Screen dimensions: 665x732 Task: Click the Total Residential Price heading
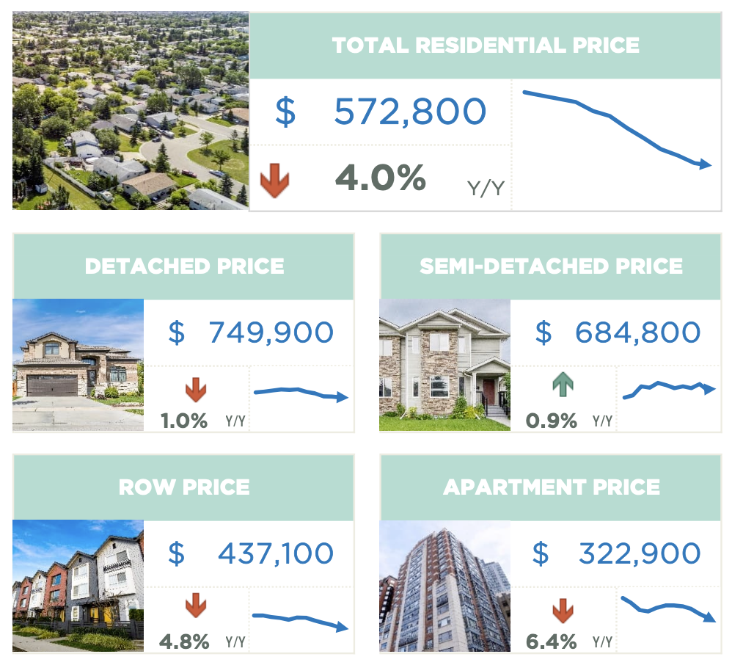point(486,45)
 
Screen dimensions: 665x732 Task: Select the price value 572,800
point(410,112)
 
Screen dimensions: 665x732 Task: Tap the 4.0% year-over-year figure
point(380,178)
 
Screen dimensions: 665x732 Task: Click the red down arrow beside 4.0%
point(274,181)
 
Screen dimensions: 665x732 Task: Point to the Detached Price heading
point(184,266)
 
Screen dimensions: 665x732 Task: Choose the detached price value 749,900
point(271,332)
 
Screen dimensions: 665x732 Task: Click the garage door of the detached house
point(52,385)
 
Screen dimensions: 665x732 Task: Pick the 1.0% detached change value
point(184,421)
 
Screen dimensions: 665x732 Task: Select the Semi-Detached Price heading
point(551,266)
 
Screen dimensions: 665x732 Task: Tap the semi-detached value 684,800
point(637,332)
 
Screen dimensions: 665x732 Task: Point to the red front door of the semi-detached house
point(488,392)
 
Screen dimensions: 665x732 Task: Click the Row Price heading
point(184,486)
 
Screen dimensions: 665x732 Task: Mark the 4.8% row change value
point(184,642)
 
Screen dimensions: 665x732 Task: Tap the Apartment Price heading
point(551,486)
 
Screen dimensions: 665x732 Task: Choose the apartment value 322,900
point(639,553)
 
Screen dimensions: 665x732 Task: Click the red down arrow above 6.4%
point(563,609)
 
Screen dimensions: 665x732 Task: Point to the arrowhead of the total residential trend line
point(706,164)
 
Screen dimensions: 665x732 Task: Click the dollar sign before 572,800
point(285,112)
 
